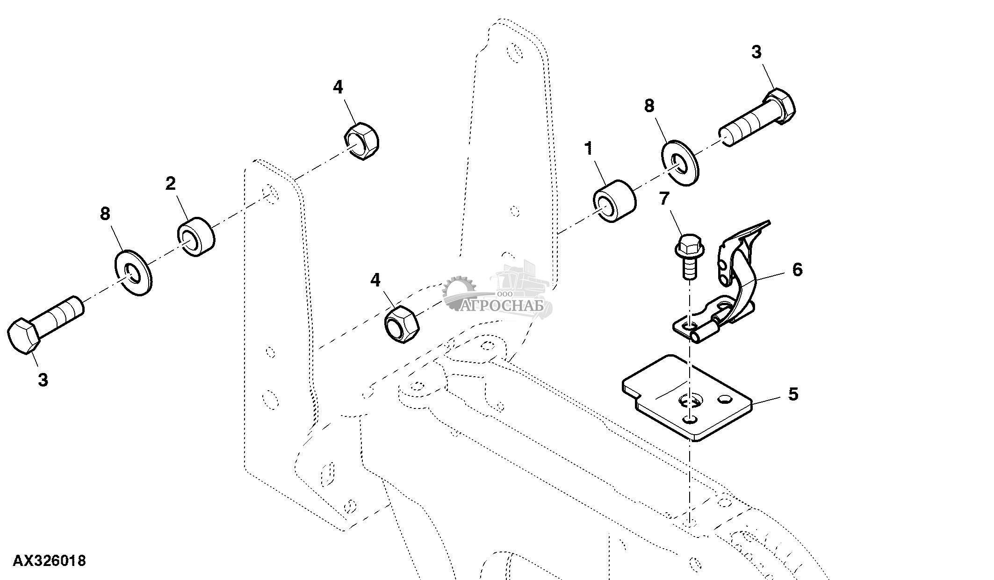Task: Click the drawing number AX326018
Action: point(49,560)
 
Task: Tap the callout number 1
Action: point(589,149)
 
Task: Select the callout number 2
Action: point(170,184)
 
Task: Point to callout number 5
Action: point(793,394)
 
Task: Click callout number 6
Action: point(797,269)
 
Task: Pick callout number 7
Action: point(664,199)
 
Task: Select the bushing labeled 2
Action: point(196,236)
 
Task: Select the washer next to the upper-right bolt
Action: point(679,162)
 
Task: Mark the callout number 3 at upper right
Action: point(756,51)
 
